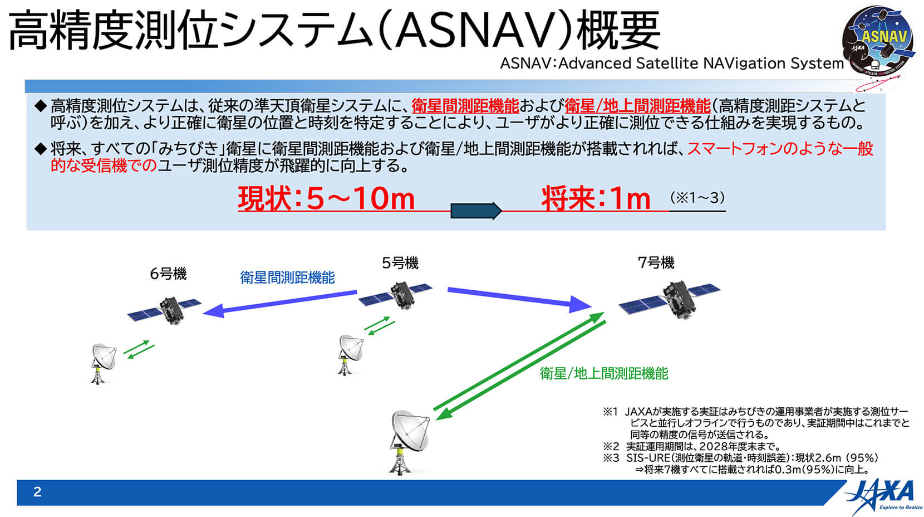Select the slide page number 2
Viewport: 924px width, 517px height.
tap(37, 491)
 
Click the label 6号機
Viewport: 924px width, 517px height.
tap(168, 274)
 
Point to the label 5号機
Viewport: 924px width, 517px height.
tap(400, 263)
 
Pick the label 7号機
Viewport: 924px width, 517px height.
tap(656, 262)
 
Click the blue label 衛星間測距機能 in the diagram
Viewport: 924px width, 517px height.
tap(288, 277)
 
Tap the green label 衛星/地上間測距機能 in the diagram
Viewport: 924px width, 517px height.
tap(604, 374)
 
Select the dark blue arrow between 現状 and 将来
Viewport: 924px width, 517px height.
tap(476, 211)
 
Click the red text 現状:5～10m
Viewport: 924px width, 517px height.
tap(326, 199)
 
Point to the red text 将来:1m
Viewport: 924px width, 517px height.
tap(596, 199)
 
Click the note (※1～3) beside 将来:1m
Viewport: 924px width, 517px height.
tap(697, 198)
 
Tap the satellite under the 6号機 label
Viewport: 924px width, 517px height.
tap(165, 310)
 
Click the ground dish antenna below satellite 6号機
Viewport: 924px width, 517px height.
tap(103, 363)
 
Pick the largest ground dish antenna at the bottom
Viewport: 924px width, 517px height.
tap(409, 442)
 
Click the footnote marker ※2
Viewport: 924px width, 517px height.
tap(611, 446)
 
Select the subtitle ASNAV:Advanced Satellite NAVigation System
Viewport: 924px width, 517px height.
tap(671, 63)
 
